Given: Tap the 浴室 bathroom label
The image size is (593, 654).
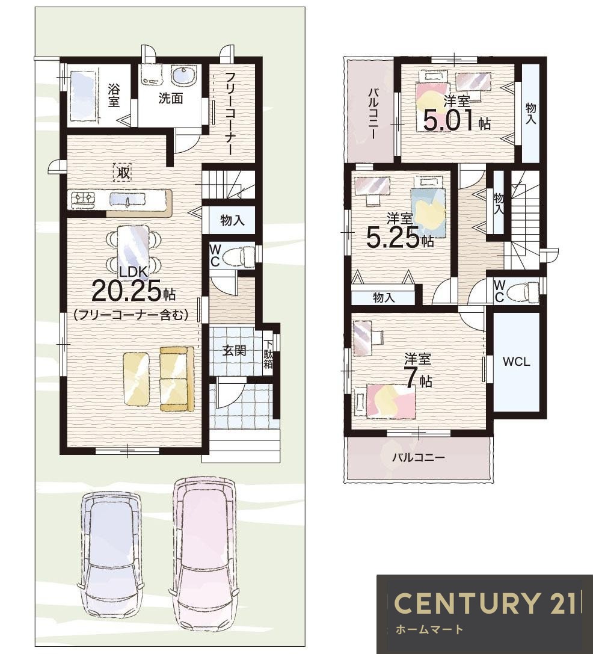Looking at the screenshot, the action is coord(114,95).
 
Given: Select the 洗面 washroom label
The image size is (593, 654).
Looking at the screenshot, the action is coord(171,98).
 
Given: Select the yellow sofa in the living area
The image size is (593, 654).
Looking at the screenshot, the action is coord(177,378).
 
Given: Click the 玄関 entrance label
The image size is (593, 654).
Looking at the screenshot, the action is coord(233,351).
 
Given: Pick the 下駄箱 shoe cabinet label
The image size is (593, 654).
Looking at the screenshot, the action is coord(268,354).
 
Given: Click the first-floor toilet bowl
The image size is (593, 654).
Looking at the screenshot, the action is coord(238,256).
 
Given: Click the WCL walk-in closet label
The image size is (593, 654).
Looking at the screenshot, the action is coord(516,362).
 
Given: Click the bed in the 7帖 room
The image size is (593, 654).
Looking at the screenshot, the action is coord(385,401).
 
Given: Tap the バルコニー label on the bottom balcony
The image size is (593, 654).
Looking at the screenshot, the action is coord(418,457).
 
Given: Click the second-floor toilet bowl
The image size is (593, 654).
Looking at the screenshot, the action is coord(524,290).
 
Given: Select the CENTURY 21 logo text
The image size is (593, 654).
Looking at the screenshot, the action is coord(485,603).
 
